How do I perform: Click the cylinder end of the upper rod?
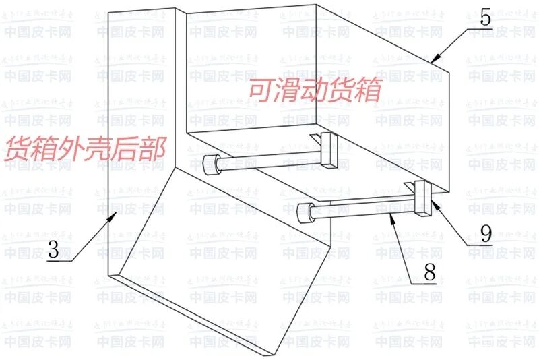(211, 162)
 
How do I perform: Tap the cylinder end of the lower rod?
(306, 212)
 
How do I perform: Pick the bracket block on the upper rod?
(329, 150)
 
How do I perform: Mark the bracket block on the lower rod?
(422, 200)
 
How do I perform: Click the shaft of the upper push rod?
(269, 157)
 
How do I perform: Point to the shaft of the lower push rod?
(364, 206)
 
